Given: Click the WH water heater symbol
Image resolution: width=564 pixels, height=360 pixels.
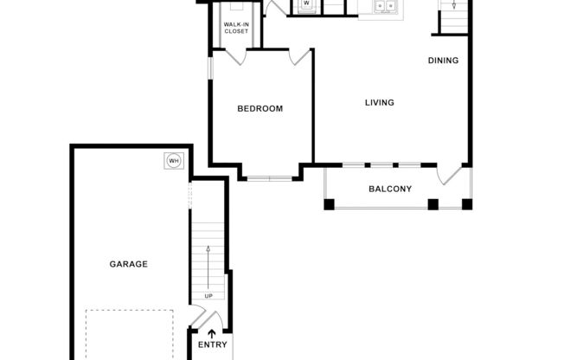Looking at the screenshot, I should (173, 161).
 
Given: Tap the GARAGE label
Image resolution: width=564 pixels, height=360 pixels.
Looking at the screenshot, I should (128, 264).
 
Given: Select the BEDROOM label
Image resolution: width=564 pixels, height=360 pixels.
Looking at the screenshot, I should (260, 108).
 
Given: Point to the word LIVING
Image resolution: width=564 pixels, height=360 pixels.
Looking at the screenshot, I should (379, 102).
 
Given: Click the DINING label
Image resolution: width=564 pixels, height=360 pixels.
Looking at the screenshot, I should (443, 61).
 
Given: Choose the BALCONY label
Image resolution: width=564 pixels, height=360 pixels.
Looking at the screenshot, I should (389, 189).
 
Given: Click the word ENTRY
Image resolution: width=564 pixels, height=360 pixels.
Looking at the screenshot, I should (212, 344).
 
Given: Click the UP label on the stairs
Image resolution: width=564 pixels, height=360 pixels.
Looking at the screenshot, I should (208, 296).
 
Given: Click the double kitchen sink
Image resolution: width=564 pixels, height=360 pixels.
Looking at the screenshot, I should (384, 6).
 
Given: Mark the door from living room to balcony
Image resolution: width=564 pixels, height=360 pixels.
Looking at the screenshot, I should (451, 174).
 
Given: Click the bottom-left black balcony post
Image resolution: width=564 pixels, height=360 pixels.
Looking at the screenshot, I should (329, 204).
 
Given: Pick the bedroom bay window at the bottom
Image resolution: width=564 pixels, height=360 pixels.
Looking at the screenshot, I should (268, 178).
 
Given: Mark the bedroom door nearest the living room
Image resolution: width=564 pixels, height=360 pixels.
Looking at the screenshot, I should (299, 56).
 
